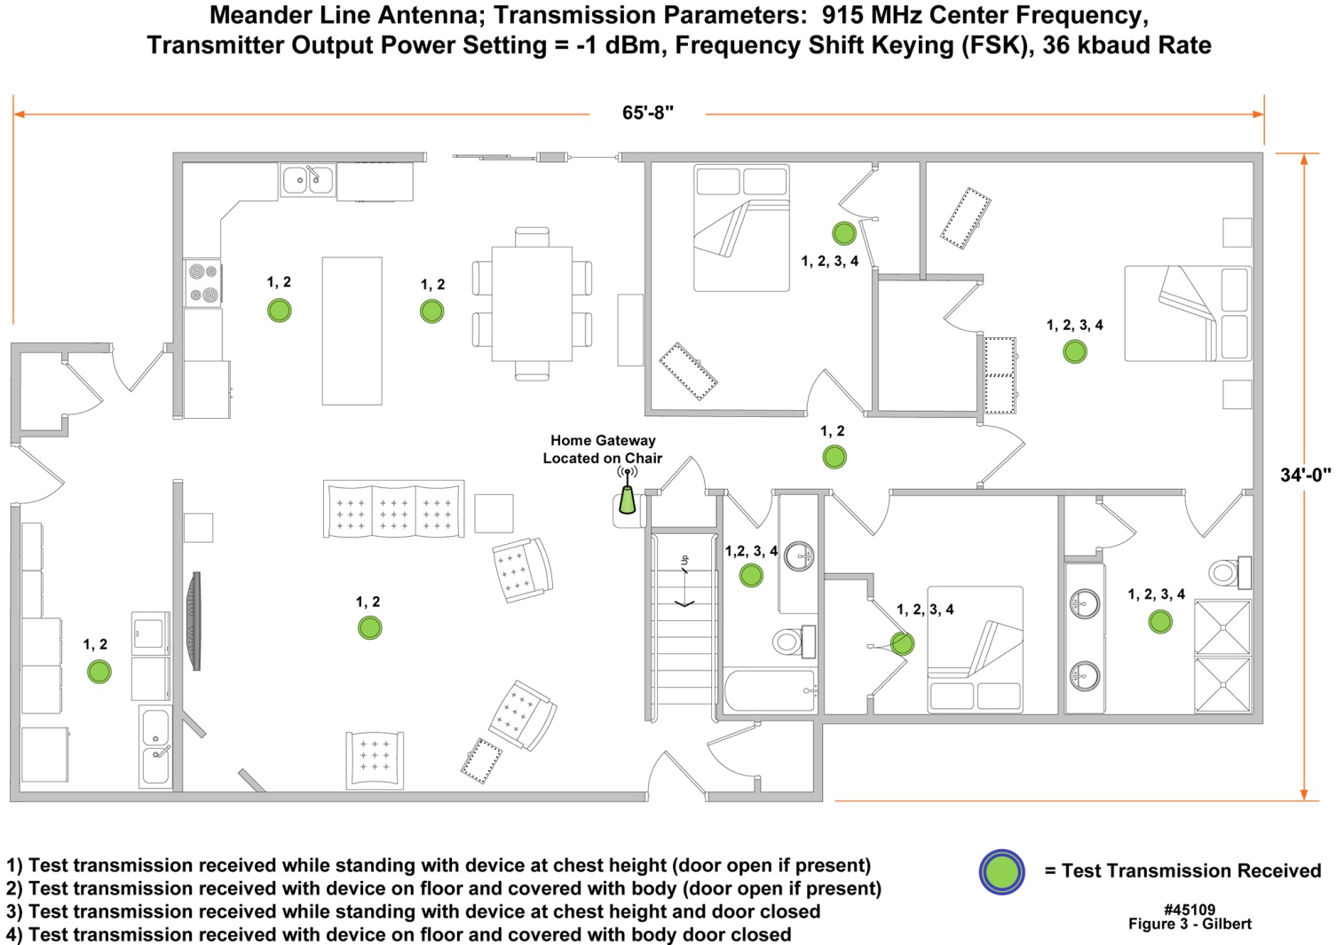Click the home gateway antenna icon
click(x=628, y=492)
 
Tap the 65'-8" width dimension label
click(x=648, y=113)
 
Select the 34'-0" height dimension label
click(x=1305, y=476)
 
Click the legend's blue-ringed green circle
click(x=1002, y=872)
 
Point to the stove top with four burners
click(x=202, y=283)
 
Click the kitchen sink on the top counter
click(x=307, y=180)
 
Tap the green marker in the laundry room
click(x=99, y=672)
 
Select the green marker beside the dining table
click(x=432, y=311)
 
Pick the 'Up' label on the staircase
click(x=684, y=561)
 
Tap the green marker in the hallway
click(x=834, y=457)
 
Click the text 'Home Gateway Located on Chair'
click(x=603, y=449)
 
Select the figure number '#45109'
click(x=1190, y=910)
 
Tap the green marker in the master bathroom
click(x=1160, y=622)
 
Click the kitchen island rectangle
click(x=352, y=331)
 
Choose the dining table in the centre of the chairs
click(x=532, y=303)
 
